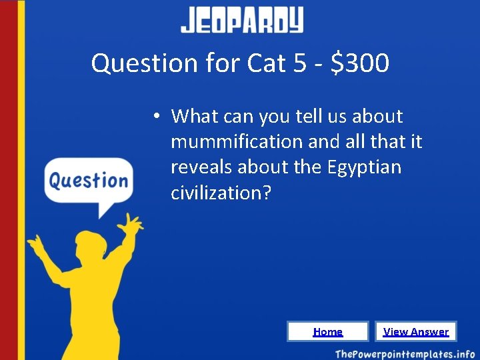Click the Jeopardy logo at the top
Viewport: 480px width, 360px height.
point(241,21)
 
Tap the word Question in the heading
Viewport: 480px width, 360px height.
point(144,64)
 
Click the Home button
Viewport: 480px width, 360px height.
point(327,331)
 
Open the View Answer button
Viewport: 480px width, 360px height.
point(416,331)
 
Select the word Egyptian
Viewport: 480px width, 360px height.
point(365,167)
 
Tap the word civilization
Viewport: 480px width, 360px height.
point(215,193)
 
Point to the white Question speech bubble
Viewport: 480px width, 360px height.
point(89,181)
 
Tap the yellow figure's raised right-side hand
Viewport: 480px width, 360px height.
point(133,223)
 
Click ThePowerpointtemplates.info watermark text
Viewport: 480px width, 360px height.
point(405,353)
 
